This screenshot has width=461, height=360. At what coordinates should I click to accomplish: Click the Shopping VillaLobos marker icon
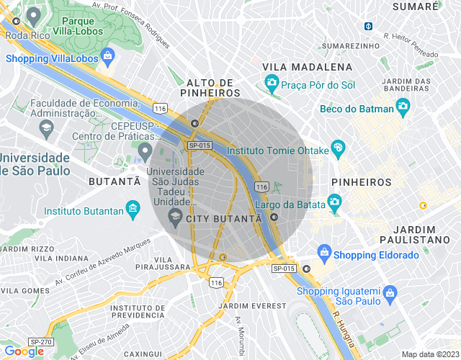pyautogui.click(x=107, y=55)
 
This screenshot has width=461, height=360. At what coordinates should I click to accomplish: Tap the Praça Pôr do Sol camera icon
pyautogui.click(x=272, y=84)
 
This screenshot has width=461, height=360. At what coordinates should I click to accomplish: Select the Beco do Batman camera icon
pyautogui.click(x=403, y=108)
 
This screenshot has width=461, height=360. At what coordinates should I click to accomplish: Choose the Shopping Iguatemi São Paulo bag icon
pyautogui.click(x=390, y=292)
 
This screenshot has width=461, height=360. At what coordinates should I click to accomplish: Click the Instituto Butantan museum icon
pyautogui.click(x=132, y=210)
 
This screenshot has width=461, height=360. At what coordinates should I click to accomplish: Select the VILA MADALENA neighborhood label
pyautogui.click(x=308, y=67)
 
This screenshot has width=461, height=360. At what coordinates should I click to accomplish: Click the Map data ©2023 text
pyautogui.click(x=429, y=354)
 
